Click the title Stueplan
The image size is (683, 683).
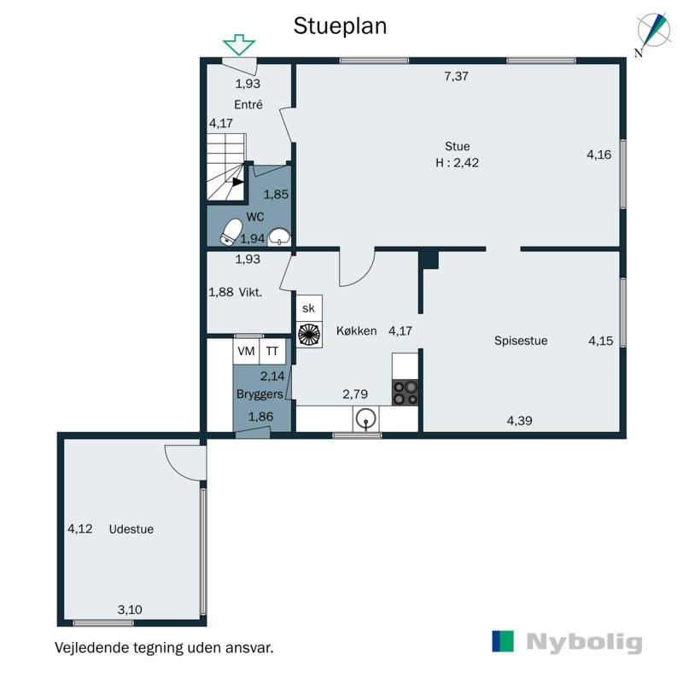(x=340, y=26)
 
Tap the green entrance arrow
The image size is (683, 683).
(x=239, y=44)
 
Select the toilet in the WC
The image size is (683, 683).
(x=231, y=231)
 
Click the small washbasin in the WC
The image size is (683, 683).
(x=281, y=236)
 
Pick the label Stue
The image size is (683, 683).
(x=457, y=146)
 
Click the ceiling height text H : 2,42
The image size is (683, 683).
(x=457, y=163)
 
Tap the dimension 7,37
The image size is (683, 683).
(x=457, y=76)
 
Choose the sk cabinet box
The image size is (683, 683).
(x=308, y=308)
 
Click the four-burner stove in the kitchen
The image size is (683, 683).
(x=406, y=391)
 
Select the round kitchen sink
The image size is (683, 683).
(x=366, y=418)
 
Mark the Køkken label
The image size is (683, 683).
(x=356, y=331)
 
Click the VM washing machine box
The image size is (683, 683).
(x=246, y=351)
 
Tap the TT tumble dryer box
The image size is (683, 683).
(x=272, y=351)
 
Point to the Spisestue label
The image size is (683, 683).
(x=521, y=341)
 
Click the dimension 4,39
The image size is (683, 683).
(x=521, y=420)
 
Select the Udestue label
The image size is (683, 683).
(x=131, y=529)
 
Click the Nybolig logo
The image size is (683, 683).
(x=567, y=642)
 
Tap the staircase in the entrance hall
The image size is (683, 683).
(x=226, y=166)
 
